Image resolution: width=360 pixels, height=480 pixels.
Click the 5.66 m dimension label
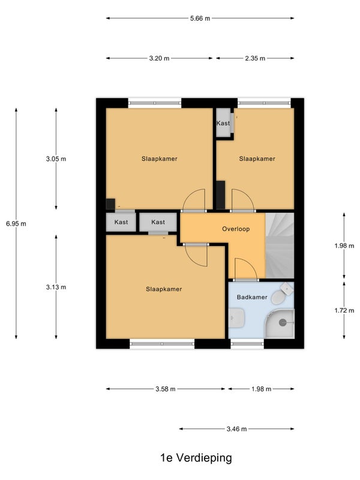pos(200,19)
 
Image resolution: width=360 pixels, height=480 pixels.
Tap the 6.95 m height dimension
pos(16,224)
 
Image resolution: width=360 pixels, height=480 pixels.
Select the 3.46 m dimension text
pos(236,429)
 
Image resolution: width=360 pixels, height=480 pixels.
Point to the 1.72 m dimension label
pos(344,310)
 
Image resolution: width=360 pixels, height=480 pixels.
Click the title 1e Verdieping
pos(196,458)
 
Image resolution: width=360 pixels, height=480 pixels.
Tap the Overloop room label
pos(236,229)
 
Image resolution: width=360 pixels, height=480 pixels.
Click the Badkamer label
pos(252,297)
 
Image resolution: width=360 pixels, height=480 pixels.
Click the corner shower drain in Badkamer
pos(282,322)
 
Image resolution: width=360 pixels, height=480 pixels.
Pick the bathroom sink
pos(236,318)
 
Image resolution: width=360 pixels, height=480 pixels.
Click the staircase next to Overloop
pos(280,245)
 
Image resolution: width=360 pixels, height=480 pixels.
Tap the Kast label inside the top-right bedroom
pos(223,123)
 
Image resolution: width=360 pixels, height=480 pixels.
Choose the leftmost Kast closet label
pos(121,222)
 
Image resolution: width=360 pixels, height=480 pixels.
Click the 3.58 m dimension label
pos(166,389)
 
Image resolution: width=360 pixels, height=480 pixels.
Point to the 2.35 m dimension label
pos(255,58)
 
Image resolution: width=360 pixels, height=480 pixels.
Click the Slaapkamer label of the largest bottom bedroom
pos(164,289)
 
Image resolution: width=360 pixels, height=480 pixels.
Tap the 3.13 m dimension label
pos(56,287)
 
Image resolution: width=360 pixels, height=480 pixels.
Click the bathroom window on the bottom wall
pos(247,344)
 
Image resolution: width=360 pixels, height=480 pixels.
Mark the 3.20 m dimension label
pos(159,58)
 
